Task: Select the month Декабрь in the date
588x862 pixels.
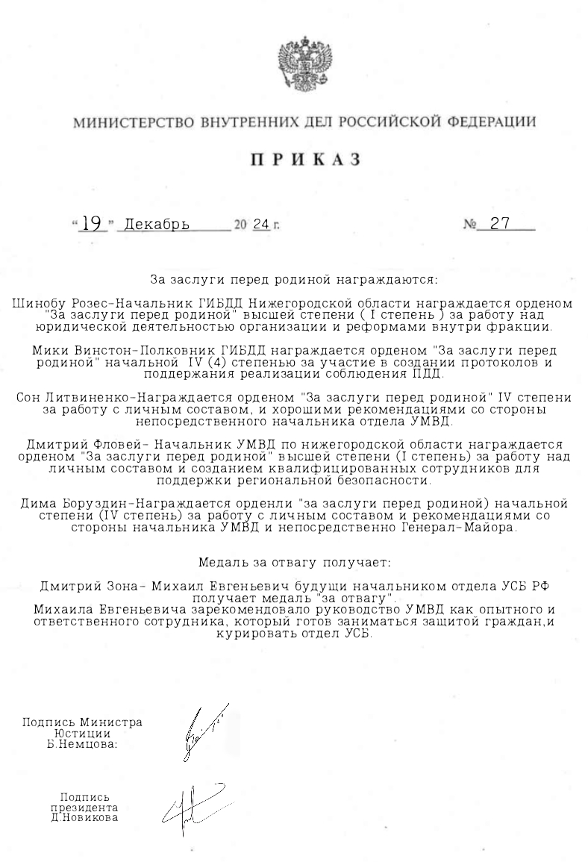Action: click(157, 225)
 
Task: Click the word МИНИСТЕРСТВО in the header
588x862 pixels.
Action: click(122, 122)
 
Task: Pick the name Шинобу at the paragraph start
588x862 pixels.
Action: click(38, 304)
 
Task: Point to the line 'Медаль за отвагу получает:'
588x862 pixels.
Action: click(294, 560)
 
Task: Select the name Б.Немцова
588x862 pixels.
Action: click(82, 744)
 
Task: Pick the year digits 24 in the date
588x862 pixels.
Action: click(260, 225)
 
